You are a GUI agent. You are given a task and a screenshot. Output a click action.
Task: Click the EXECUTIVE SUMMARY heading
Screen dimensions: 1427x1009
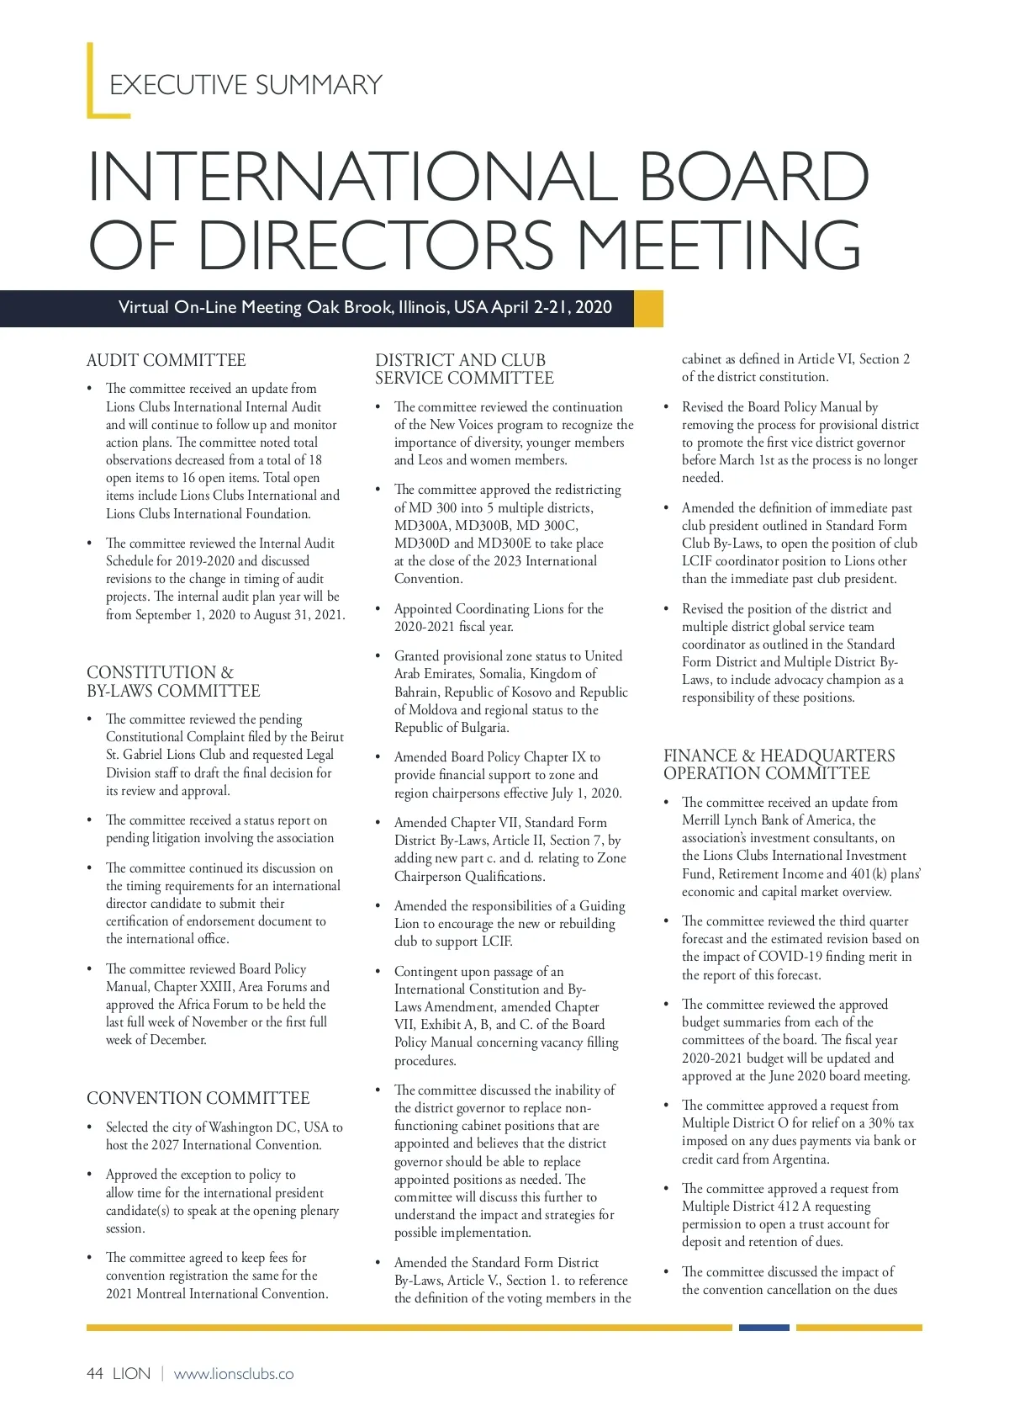(246, 85)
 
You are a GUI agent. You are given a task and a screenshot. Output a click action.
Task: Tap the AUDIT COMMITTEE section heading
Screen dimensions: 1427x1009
(166, 361)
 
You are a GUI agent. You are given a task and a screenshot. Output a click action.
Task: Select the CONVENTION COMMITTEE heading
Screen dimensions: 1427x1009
(198, 1098)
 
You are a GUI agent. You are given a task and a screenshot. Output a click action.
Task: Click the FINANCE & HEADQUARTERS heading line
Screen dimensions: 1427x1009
(779, 756)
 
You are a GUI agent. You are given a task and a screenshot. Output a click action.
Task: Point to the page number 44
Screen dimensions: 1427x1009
(95, 1374)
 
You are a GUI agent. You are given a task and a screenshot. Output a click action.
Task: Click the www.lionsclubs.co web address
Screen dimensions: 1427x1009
(234, 1374)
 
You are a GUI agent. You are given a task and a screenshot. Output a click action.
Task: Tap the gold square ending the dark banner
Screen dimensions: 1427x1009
(648, 308)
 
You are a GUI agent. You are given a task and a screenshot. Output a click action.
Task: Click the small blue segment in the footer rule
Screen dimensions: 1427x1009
(763, 1328)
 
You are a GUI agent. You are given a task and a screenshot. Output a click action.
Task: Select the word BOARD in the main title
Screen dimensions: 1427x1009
(753, 178)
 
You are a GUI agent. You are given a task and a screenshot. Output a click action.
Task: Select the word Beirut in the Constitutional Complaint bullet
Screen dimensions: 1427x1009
(327, 737)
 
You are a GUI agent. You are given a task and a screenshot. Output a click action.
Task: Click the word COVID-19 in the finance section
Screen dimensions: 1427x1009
(790, 957)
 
